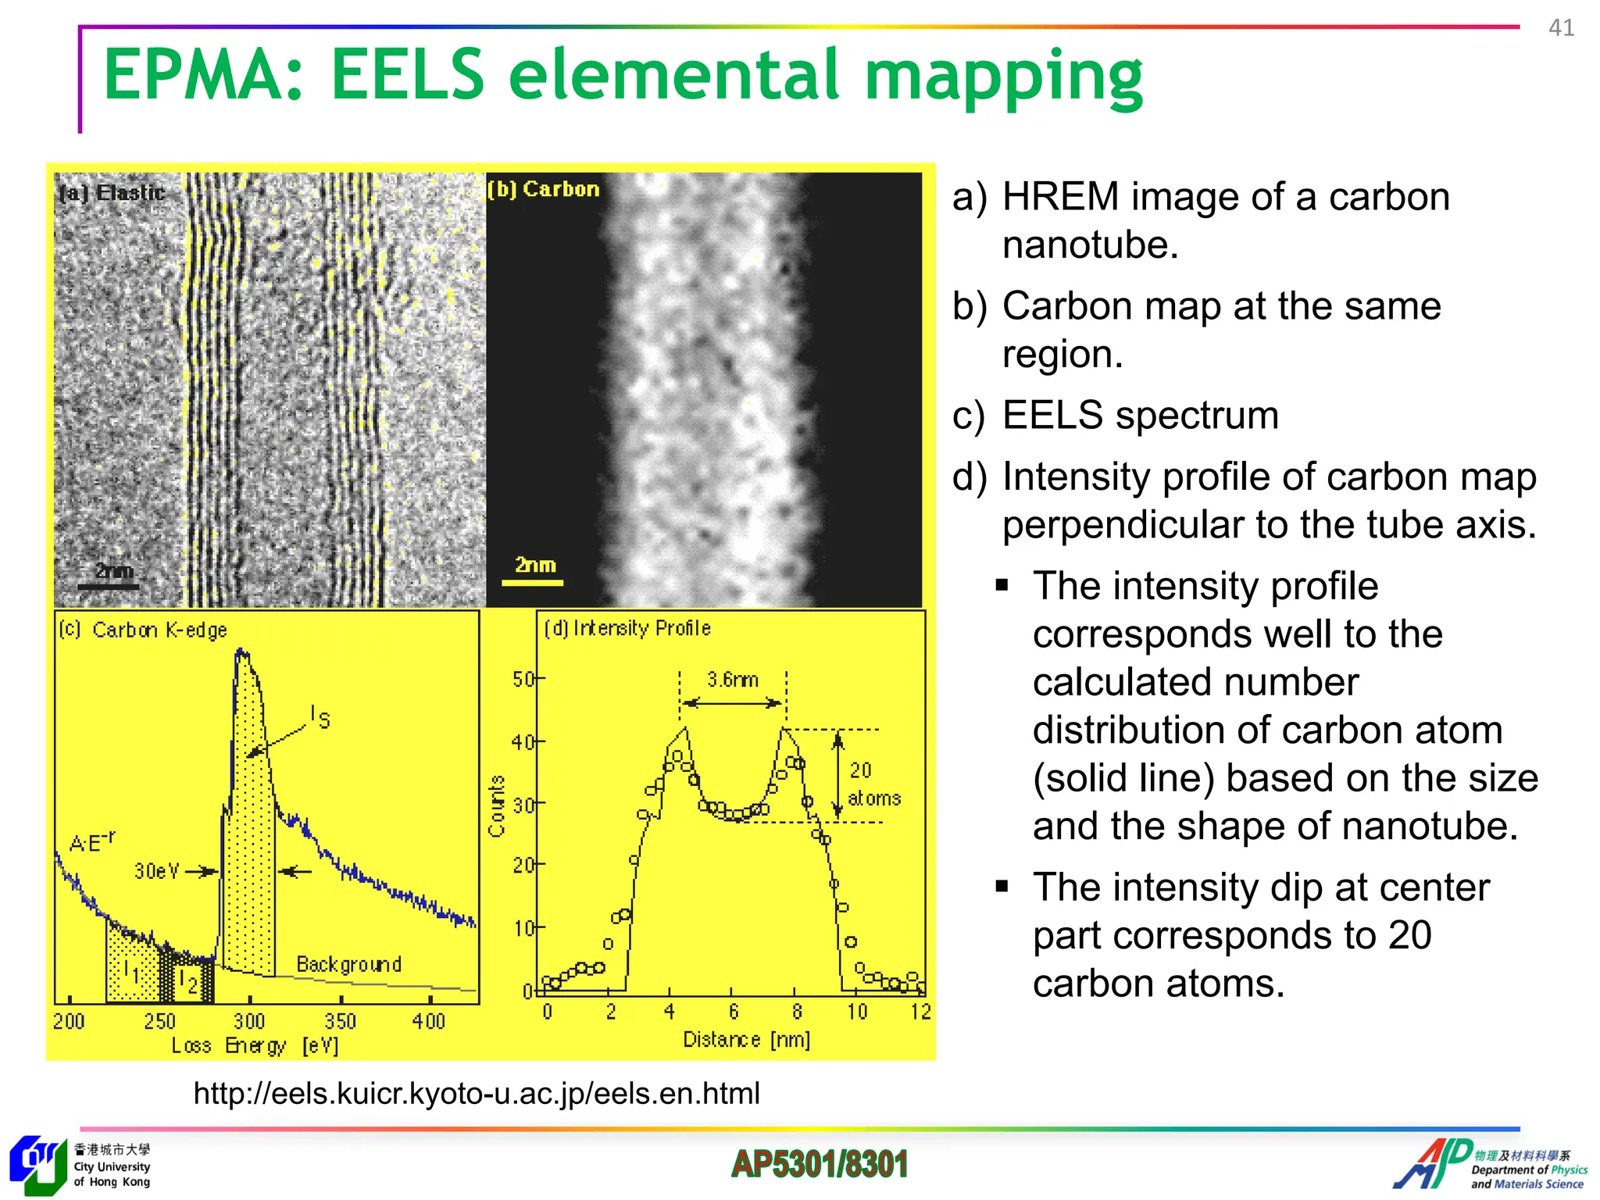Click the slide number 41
[x=1561, y=28]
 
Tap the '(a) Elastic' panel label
[x=112, y=192]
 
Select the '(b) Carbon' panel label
[x=544, y=189]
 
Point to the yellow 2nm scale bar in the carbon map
[x=533, y=582]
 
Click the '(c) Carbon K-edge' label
[x=143, y=630]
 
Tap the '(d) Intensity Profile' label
[x=627, y=628]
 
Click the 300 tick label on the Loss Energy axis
[x=249, y=1021]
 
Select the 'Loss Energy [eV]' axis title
[x=255, y=1045]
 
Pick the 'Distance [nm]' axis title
[x=746, y=1039]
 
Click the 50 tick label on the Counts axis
[x=522, y=679]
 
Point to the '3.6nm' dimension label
[x=732, y=679]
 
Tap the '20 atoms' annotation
[x=872, y=784]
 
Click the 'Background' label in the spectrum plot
[x=348, y=964]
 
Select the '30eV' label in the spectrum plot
[x=156, y=870]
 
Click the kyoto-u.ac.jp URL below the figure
[x=477, y=1093]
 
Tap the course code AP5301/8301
[x=820, y=1164]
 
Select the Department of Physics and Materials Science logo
[x=1489, y=1165]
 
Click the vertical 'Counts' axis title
[x=497, y=805]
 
